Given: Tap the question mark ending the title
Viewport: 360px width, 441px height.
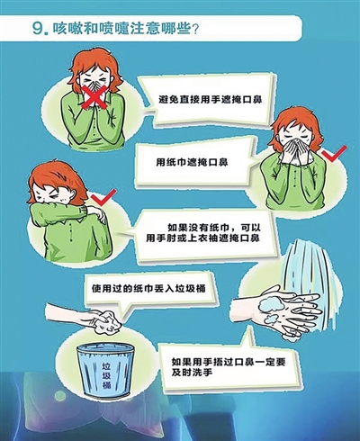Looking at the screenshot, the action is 194,29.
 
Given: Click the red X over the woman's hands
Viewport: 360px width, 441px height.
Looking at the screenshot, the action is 95,95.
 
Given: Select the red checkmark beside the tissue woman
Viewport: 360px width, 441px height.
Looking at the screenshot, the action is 335,154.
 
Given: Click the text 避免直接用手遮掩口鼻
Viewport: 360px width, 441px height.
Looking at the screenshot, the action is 211,99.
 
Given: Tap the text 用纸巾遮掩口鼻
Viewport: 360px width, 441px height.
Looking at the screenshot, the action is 192,162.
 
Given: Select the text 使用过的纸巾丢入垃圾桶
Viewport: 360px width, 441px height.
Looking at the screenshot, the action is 148,288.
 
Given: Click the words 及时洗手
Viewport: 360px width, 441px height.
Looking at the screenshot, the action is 193,373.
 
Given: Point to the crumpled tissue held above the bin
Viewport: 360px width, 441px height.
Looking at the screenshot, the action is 107,323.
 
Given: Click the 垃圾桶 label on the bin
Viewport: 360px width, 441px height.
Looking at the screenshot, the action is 106,375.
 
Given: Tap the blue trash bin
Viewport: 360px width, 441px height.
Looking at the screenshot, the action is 105,371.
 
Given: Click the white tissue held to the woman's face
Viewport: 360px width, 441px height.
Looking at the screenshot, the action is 295,150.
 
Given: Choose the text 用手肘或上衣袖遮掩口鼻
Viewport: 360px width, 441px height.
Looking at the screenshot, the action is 202,238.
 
